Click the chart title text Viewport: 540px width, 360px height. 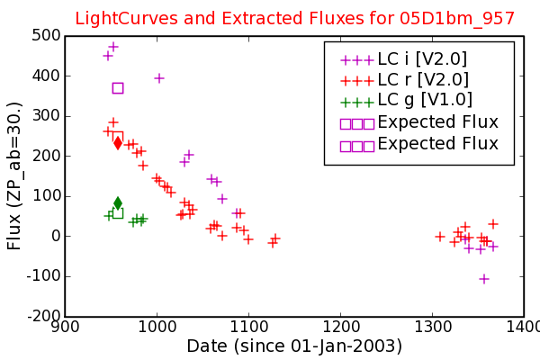click(295, 18)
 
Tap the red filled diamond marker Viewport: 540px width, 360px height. click(118, 143)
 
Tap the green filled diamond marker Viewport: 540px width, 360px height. click(118, 203)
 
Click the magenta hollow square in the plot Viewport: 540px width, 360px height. click(118, 88)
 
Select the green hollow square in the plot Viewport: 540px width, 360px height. click(118, 213)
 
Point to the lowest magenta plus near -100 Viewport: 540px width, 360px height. click(484, 279)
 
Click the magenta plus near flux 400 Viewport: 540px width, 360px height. click(158, 78)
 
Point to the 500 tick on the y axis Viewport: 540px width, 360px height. click(46, 35)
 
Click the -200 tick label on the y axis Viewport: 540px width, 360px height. click(44, 316)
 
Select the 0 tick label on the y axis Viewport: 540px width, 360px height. click(56, 236)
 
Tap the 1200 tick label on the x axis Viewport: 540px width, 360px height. click(340, 327)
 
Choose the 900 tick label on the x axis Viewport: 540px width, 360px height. click(65, 327)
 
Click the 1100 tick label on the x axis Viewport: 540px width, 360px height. click(248, 327)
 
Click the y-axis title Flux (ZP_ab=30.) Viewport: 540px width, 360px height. click(14, 176)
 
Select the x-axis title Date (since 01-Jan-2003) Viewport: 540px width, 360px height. click(294, 346)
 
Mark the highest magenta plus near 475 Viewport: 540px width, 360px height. click(113, 47)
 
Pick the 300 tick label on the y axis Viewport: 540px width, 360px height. click(46, 116)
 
